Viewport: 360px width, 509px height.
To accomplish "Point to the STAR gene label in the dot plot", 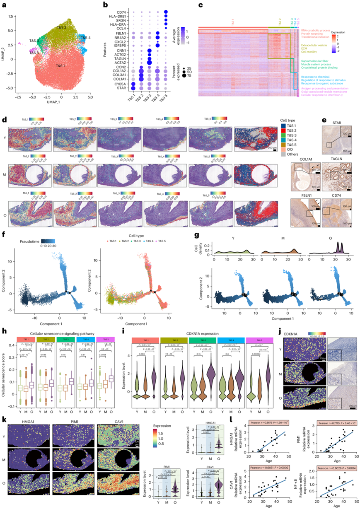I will (x=121, y=88).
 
